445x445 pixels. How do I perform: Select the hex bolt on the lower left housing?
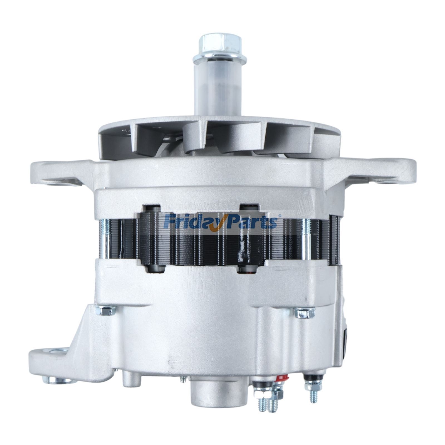click(x=105, y=310)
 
